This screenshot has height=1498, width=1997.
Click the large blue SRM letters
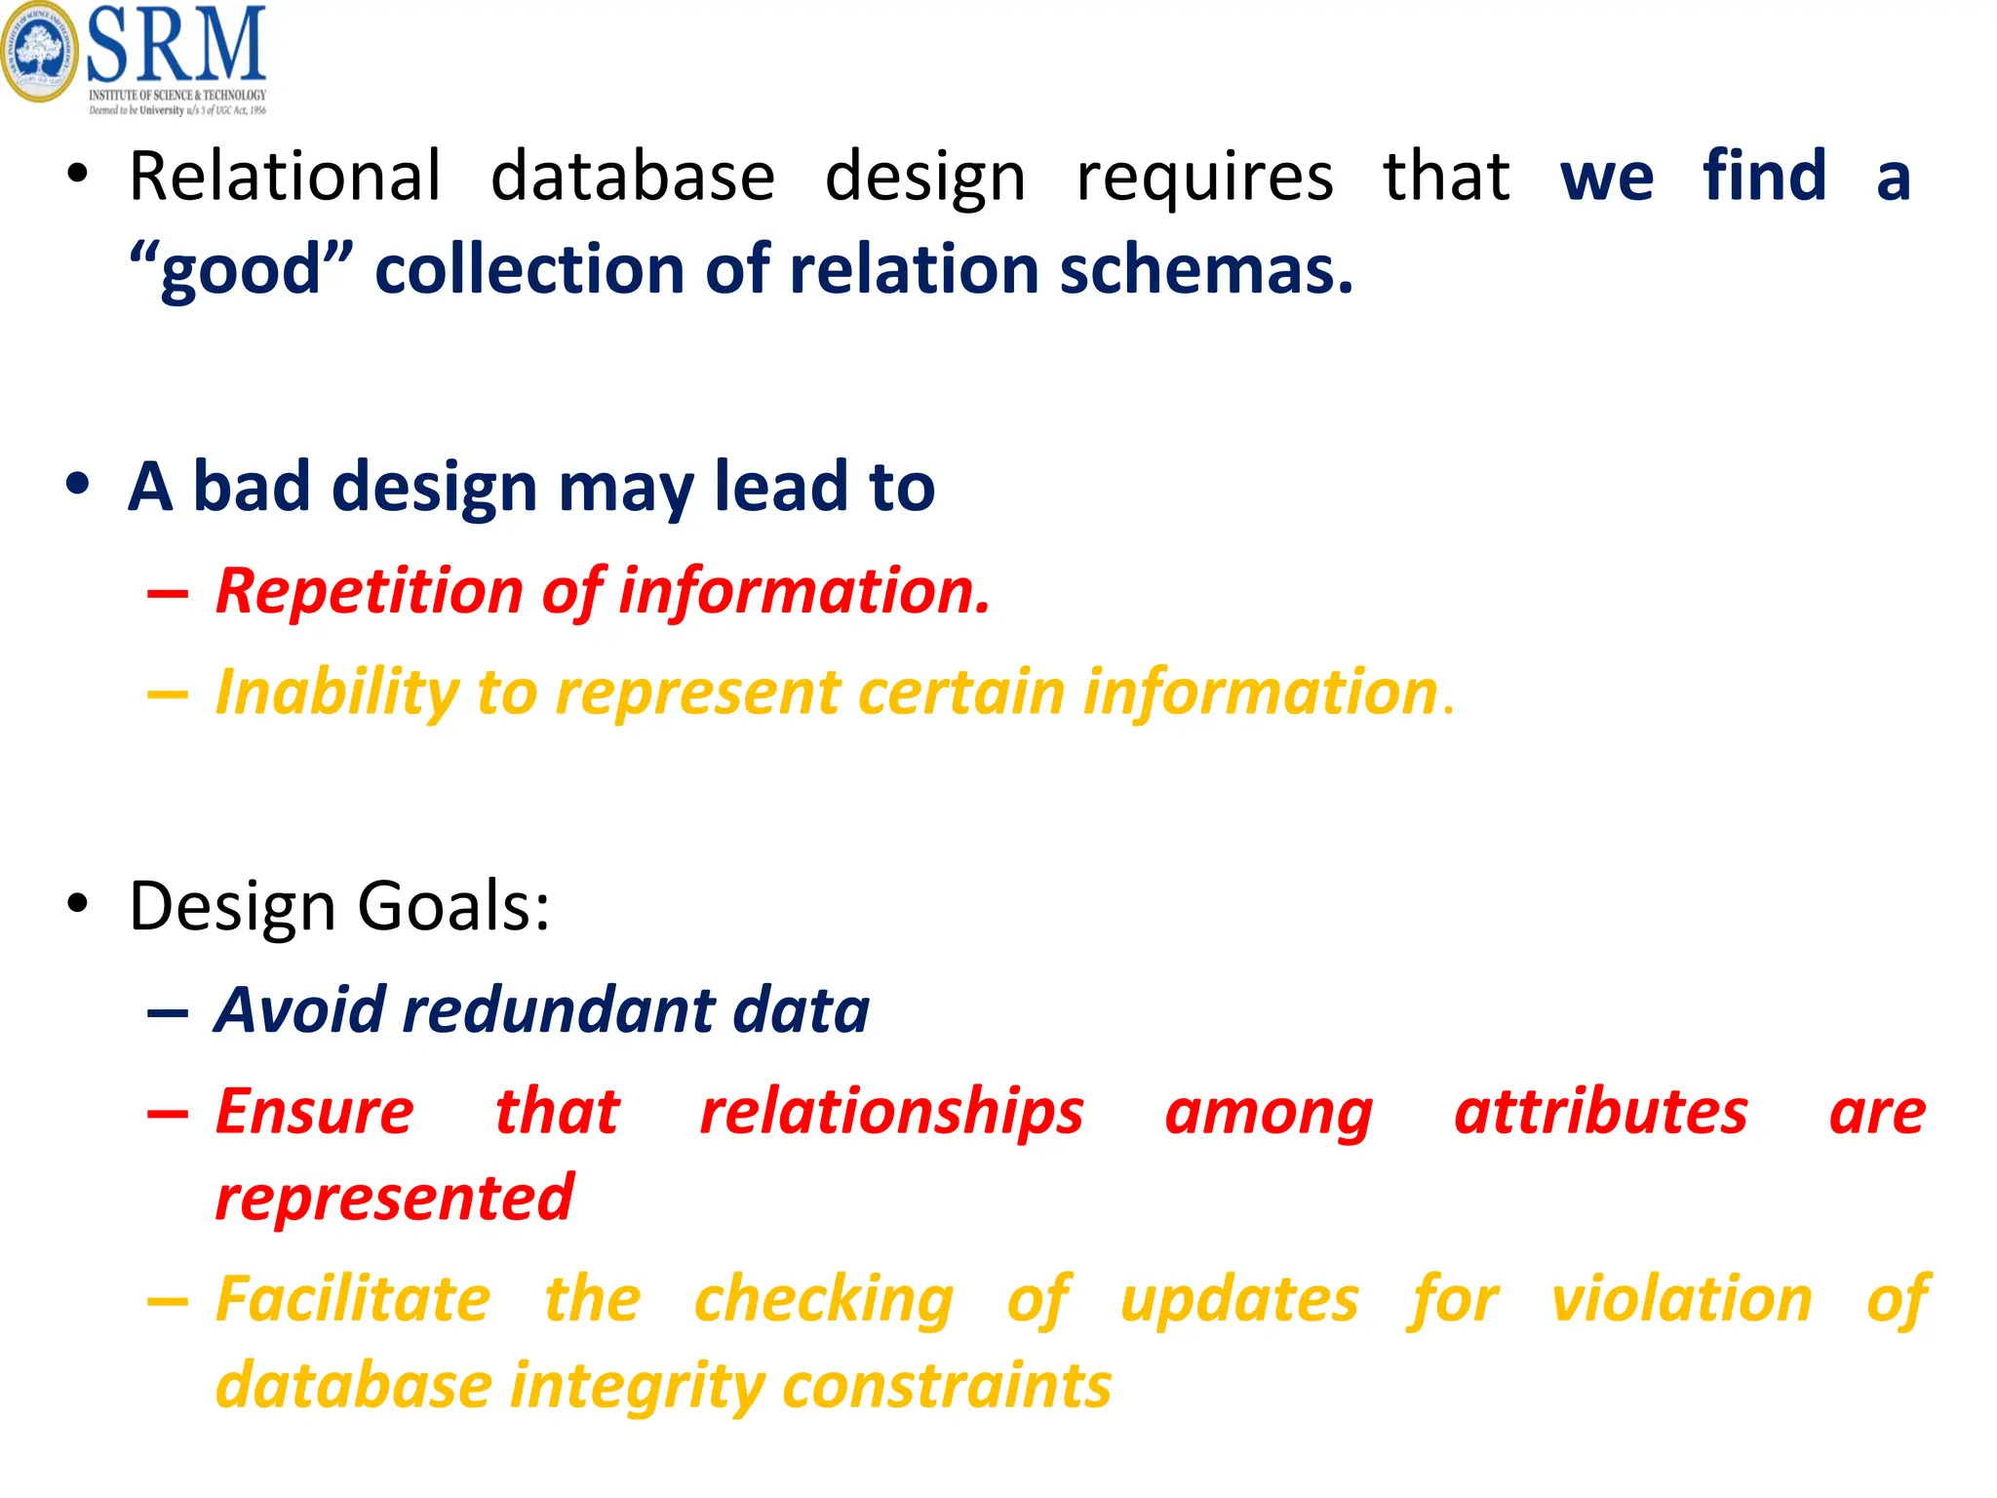176,45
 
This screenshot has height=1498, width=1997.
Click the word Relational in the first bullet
286,177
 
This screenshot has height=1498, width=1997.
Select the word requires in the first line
1205,178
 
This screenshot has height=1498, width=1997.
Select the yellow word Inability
336,693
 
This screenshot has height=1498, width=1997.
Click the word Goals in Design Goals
453,906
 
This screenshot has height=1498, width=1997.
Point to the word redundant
559,1009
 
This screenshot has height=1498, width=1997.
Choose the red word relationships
891,1112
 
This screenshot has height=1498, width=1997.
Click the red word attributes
1600,1112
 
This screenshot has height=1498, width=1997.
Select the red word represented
394,1198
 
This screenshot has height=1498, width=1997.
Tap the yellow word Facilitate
353,1299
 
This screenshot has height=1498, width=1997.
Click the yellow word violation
1681,1299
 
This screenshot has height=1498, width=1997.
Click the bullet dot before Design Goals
78,904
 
